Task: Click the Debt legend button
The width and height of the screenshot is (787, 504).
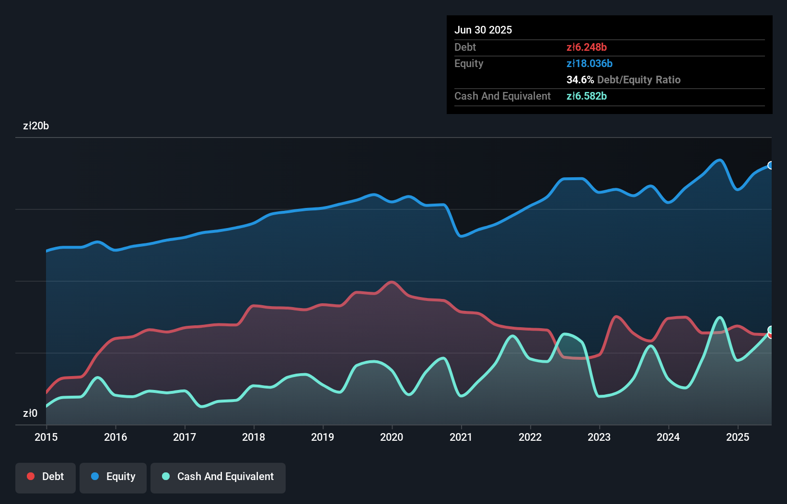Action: point(46,477)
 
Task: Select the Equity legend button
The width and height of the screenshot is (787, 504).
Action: point(113,477)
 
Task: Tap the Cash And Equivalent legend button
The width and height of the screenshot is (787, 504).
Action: point(218,477)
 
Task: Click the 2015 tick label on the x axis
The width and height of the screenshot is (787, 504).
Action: point(46,437)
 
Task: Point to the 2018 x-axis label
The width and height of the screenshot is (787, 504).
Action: point(254,437)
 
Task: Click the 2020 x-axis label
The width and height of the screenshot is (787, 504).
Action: point(392,437)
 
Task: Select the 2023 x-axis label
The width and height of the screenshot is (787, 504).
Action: point(599,437)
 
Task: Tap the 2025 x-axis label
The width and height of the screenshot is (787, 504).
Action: point(738,437)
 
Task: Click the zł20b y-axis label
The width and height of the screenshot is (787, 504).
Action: point(36,126)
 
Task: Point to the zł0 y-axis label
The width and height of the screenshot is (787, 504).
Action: point(30,413)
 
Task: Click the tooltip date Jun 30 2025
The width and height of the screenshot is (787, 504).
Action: point(483,30)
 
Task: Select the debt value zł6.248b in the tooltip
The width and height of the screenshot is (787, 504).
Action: point(587,47)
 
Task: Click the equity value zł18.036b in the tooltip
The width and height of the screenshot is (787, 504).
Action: point(590,63)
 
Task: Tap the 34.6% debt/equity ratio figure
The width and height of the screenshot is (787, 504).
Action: point(580,80)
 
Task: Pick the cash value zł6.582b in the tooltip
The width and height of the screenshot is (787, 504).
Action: point(587,96)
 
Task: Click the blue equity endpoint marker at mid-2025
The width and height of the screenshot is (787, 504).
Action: point(771,165)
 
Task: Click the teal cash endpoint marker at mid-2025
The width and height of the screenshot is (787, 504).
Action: point(771,330)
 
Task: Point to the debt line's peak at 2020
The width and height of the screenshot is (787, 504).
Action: point(392,282)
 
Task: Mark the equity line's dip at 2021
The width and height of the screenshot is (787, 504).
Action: point(461,236)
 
